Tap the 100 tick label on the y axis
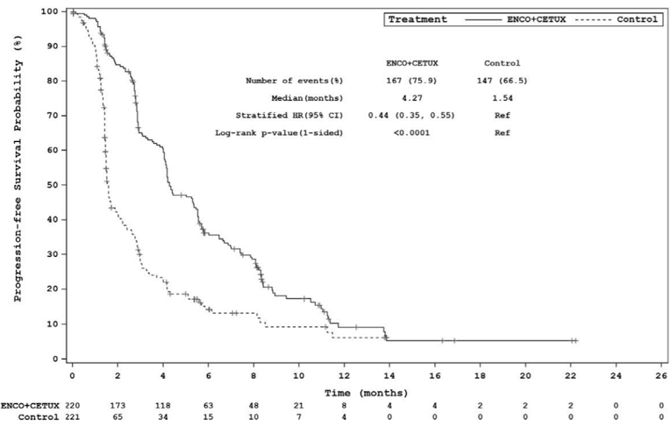coord(50,11)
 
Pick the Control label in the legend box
coord(639,18)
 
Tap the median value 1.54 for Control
coord(502,97)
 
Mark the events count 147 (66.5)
coord(502,81)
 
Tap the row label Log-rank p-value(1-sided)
coord(279,132)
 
